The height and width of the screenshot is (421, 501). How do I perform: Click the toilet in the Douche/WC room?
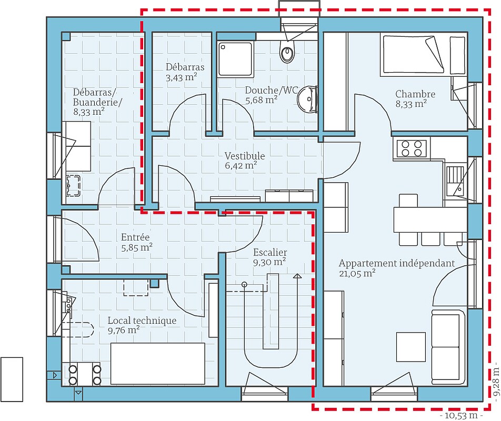pyautogui.click(x=287, y=53)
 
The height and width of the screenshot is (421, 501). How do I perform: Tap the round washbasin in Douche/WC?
pyautogui.click(x=307, y=98)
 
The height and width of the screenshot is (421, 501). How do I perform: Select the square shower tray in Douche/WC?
pyautogui.click(x=235, y=58)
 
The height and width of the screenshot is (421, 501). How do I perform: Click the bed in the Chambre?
pyautogui.click(x=424, y=54)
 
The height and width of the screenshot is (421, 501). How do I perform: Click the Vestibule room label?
pyautogui.click(x=245, y=156)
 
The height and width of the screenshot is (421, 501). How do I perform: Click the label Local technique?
pyautogui.click(x=142, y=320)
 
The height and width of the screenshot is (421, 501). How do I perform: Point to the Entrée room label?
pyautogui.click(x=136, y=237)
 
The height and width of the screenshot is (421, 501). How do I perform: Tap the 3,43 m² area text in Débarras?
pyautogui.click(x=181, y=77)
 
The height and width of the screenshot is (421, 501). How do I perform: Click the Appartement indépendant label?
pyautogui.click(x=396, y=263)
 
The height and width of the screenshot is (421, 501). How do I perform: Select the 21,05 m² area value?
pyautogui.click(x=357, y=273)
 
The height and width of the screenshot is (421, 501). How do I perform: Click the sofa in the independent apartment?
pyautogui.click(x=448, y=347)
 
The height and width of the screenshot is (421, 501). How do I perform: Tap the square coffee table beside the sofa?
pyautogui.click(x=410, y=347)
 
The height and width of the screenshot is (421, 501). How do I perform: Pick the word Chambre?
pyautogui.click(x=415, y=94)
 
